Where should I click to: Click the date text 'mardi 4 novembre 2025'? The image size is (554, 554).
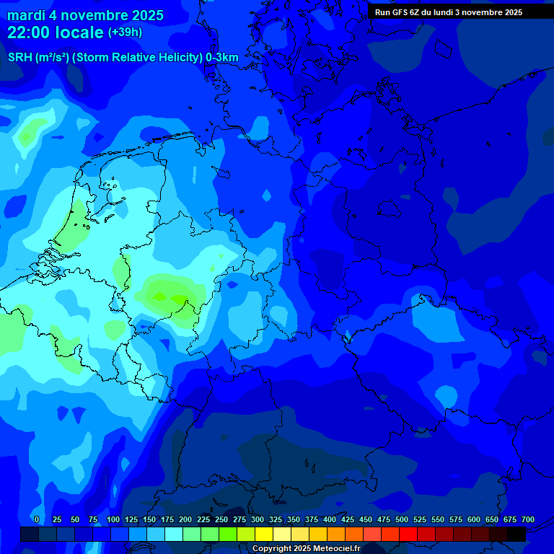click(85, 15)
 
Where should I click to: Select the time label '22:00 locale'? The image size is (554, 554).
click(56, 32)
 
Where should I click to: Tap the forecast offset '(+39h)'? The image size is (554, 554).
click(125, 32)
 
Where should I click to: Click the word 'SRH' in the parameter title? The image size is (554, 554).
click(20, 58)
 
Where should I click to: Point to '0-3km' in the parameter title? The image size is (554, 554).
click(222, 58)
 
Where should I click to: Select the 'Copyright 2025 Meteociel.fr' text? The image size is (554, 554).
click(306, 549)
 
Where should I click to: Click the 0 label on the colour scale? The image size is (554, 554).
click(37, 520)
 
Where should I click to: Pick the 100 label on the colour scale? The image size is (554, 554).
click(113, 520)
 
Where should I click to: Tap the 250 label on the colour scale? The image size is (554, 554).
click(221, 520)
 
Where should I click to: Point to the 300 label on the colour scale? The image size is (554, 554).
click(258, 520)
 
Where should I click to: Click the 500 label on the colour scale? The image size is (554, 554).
click(402, 520)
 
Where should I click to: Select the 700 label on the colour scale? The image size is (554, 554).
click(528, 520)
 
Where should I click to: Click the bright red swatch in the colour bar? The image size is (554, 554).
click(408, 534)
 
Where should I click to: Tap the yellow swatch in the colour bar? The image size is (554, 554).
click(264, 534)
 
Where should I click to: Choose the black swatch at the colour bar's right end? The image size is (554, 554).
click(516, 534)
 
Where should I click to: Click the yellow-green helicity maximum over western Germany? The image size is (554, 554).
click(167, 295)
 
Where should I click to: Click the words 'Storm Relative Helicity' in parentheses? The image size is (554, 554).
click(137, 58)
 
